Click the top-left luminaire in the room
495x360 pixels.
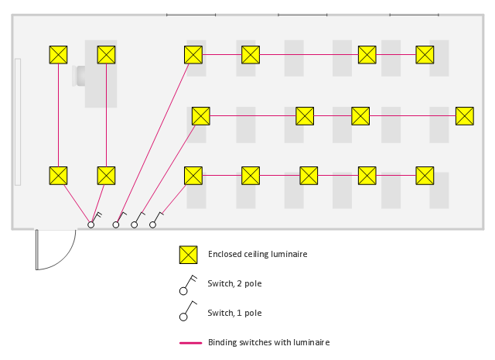58,54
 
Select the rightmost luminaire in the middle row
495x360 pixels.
464,115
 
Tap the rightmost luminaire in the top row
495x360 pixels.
425,54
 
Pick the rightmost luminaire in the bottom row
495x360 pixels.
425,175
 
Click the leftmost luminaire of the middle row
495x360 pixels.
200,115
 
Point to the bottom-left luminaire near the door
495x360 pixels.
58,175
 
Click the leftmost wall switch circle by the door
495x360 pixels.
90,225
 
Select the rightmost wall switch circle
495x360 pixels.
152,225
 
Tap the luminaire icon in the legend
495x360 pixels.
188,255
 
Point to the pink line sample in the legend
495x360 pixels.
190,342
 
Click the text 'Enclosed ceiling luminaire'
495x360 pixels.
258,254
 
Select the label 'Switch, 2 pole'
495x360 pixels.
234,283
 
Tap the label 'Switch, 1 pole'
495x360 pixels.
234,313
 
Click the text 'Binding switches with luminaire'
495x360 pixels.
268,342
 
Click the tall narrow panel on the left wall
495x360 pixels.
18,122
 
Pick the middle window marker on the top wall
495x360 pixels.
302,15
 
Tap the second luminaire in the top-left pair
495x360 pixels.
106,54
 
